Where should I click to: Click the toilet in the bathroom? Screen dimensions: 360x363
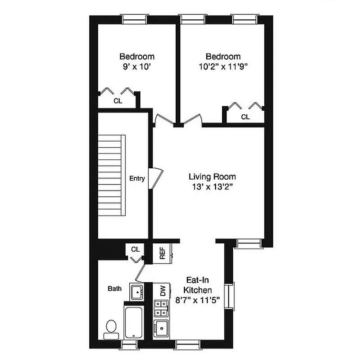pyautogui.click(x=111, y=328)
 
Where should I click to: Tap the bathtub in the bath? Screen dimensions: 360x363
pyautogui.click(x=133, y=323)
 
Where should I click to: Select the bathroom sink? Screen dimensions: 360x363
pyautogui.click(x=136, y=291)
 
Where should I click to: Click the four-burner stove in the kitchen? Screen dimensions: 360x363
pyautogui.click(x=160, y=309)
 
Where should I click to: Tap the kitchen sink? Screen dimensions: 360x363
pyautogui.click(x=161, y=329)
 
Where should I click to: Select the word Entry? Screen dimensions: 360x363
pyautogui.click(x=137, y=179)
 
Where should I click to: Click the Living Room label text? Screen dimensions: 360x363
pyautogui.click(x=212, y=177)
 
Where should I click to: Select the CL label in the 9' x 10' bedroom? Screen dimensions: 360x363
pyautogui.click(x=118, y=101)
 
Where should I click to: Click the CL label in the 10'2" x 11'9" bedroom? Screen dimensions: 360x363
pyautogui.click(x=245, y=117)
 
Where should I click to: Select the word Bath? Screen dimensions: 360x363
pyautogui.click(x=114, y=288)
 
